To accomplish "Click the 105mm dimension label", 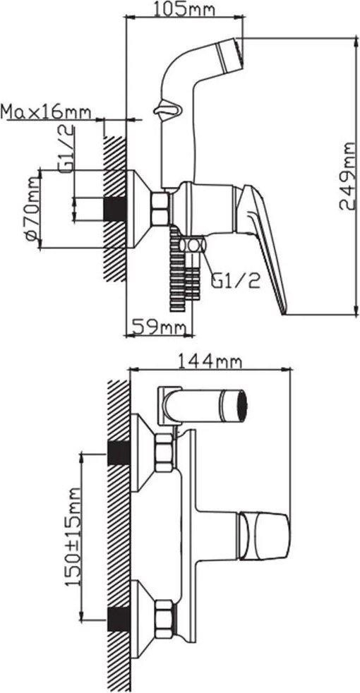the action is click(x=184, y=8).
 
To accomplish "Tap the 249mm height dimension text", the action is click(x=347, y=176).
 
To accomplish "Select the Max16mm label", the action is click(x=46, y=112).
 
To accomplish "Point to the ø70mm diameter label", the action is click(x=32, y=209).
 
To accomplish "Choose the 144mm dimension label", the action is click(x=210, y=362).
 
